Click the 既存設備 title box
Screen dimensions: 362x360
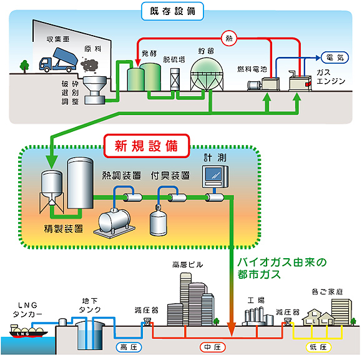pyautogui.click(x=172, y=11)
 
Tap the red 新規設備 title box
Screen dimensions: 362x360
pyautogui.click(x=147, y=146)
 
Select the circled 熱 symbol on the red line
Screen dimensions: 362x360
pyautogui.click(x=229, y=38)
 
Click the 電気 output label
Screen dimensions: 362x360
pyautogui.click(x=335, y=57)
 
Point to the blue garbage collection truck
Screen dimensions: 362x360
pyautogui.click(x=58, y=60)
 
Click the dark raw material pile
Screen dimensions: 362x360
pyautogui.click(x=90, y=65)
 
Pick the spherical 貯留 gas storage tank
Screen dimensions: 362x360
pyautogui.click(x=207, y=74)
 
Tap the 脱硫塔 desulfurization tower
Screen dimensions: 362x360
pyautogui.click(x=175, y=79)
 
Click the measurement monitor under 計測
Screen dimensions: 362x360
pyautogui.click(x=215, y=177)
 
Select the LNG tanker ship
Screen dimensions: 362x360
pyautogui.click(x=27, y=331)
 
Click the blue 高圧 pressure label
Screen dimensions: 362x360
pyautogui.click(x=129, y=347)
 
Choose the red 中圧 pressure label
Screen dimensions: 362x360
pyautogui.click(x=212, y=347)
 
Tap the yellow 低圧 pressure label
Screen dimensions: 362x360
pyautogui.click(x=318, y=347)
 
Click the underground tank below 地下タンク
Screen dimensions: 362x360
pyautogui.click(x=90, y=335)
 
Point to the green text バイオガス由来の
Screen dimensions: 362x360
pyautogui.click(x=282, y=262)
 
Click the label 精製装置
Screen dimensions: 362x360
pyautogui.click(x=63, y=229)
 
